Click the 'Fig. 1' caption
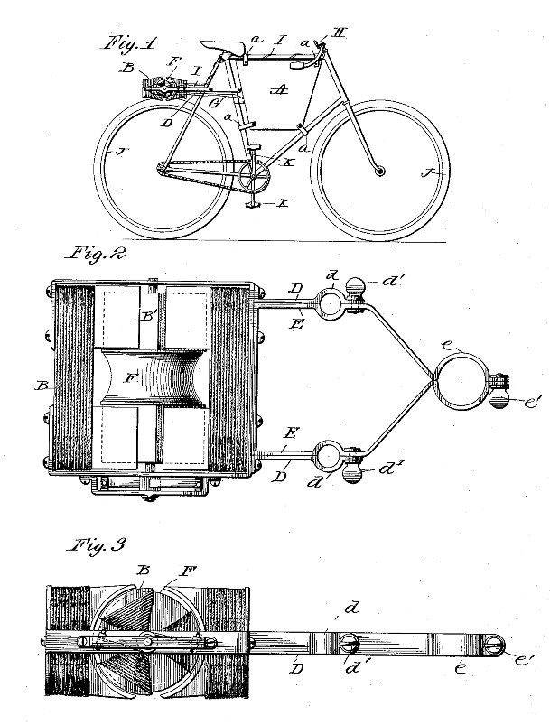tap(128, 42)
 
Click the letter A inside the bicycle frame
tap(283, 90)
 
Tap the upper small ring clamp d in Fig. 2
tap(329, 304)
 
